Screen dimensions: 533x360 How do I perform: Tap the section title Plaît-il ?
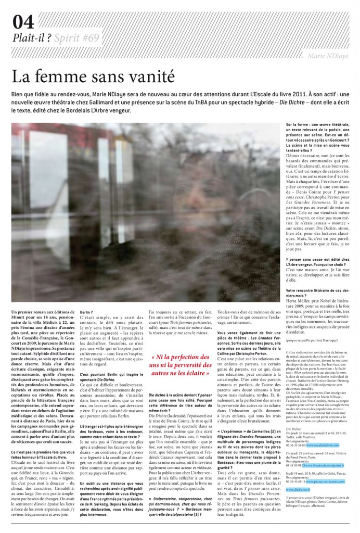(x=32, y=38)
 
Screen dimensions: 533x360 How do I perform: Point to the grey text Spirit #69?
(x=76, y=38)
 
